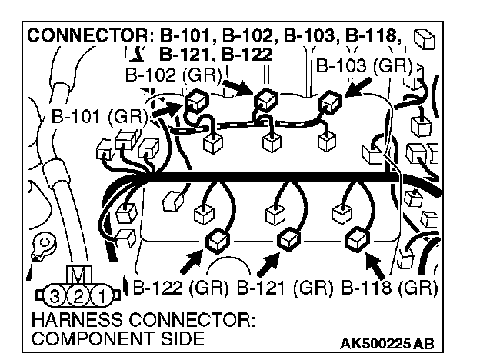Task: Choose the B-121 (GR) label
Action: tap(284, 289)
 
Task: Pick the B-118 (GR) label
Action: tap(388, 289)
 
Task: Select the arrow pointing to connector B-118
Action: tap(375, 265)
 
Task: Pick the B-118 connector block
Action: tap(358, 238)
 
